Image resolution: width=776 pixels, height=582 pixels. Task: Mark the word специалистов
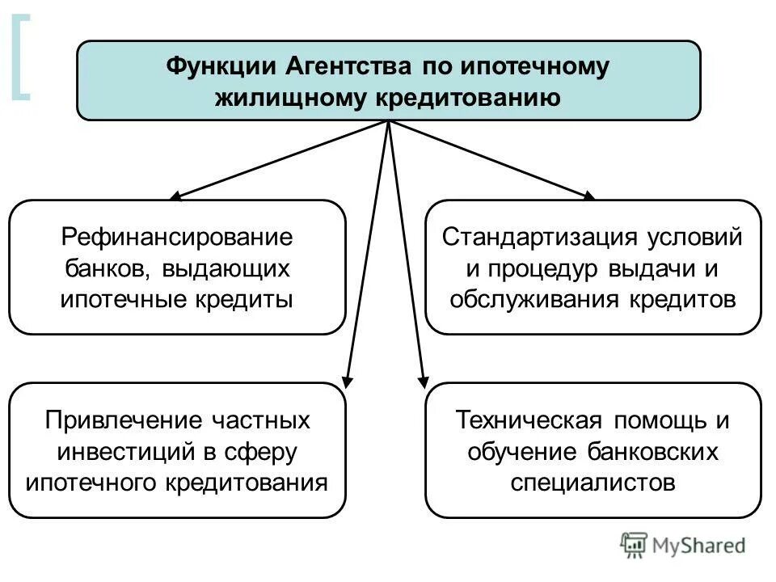(593, 483)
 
